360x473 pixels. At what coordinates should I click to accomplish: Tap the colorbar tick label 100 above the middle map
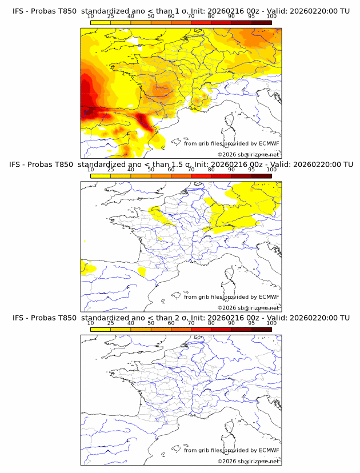pos(271,170)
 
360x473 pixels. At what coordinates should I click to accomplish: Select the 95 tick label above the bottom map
pos(251,323)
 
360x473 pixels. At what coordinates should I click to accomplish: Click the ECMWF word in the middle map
pos(269,296)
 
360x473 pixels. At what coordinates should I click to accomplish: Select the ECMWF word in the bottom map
pos(269,450)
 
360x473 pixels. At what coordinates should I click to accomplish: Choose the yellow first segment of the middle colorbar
pos(101,176)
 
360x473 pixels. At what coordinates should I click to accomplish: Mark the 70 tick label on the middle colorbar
pos(191,170)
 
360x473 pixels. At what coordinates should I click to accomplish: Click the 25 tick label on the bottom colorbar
pos(111,323)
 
